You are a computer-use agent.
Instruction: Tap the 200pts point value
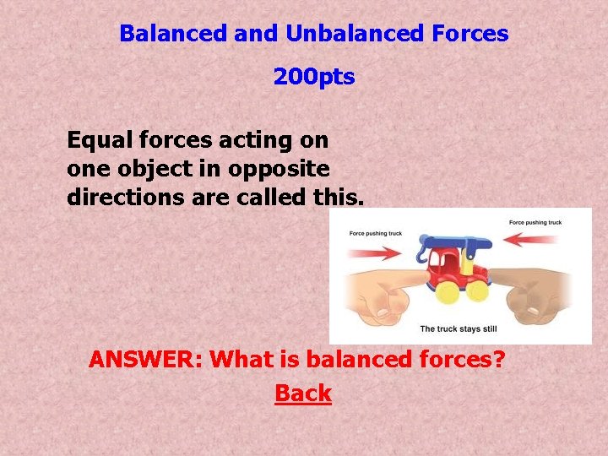(x=314, y=78)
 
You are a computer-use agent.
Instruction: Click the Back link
(x=303, y=394)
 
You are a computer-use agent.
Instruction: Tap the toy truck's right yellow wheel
(x=477, y=290)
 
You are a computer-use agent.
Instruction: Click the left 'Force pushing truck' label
(x=375, y=232)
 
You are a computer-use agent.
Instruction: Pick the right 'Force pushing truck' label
(x=535, y=222)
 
